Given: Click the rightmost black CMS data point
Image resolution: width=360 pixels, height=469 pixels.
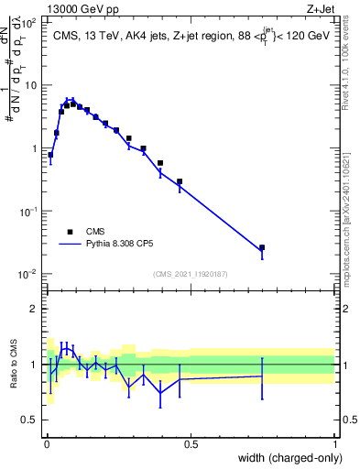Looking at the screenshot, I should pyautogui.click(x=262, y=247).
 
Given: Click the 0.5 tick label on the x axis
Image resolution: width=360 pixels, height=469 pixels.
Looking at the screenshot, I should pyautogui.click(x=191, y=444).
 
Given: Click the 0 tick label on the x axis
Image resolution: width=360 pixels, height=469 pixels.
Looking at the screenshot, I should pyautogui.click(x=47, y=444).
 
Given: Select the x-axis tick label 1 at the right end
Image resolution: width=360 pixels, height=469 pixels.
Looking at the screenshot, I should pyautogui.click(x=335, y=444).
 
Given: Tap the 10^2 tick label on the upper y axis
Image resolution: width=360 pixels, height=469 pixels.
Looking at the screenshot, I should pyautogui.click(x=30, y=22).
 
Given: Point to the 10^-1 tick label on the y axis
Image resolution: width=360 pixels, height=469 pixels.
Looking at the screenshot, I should pyautogui.click(x=30, y=212).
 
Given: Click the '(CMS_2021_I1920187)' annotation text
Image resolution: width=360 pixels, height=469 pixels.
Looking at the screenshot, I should pyautogui.click(x=190, y=273).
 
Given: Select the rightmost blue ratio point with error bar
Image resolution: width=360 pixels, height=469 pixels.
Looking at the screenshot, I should pyautogui.click(x=262, y=376).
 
